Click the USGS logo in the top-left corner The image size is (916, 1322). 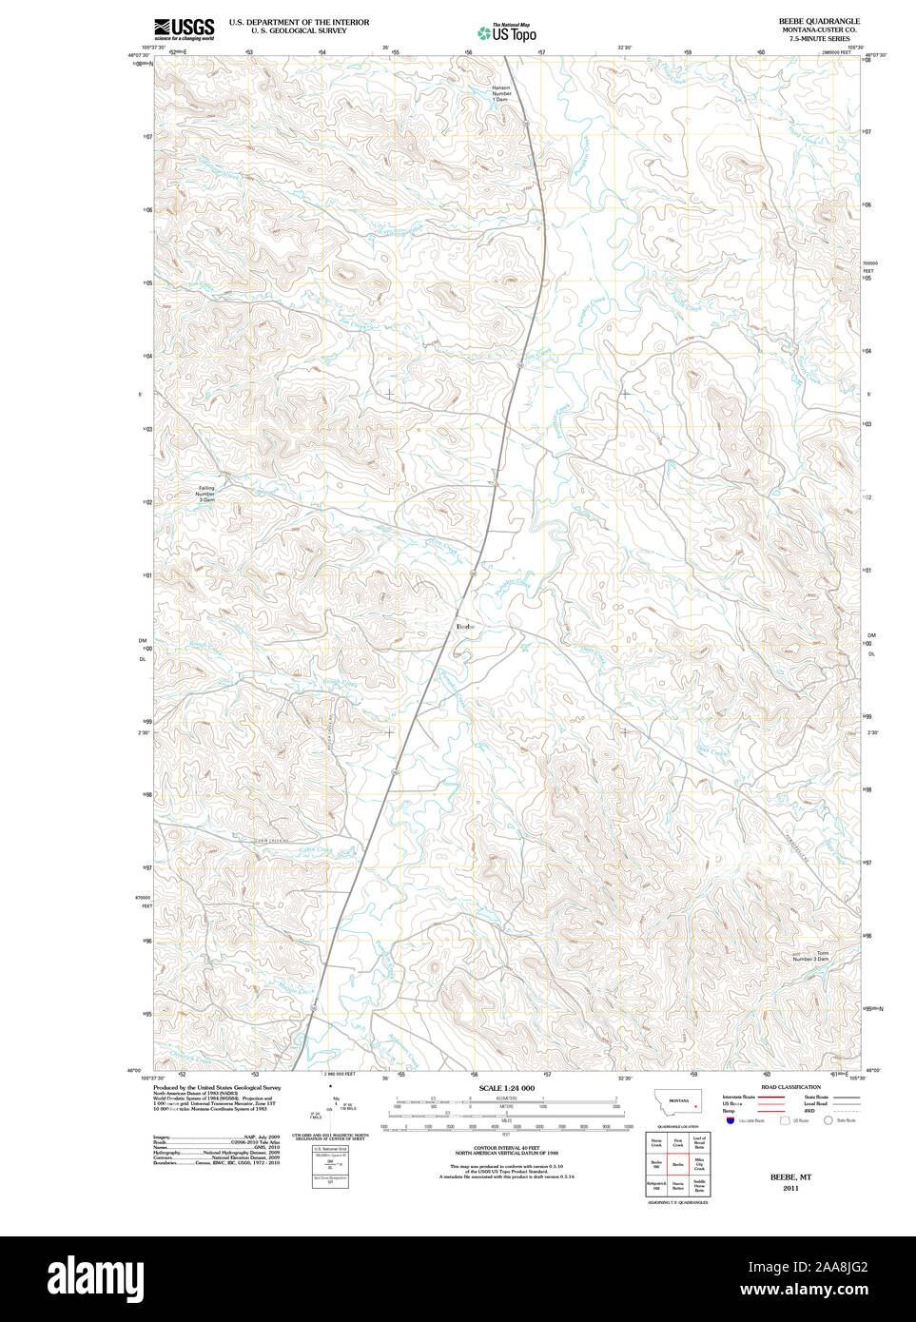tap(184, 29)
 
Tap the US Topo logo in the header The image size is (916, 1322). tap(506, 33)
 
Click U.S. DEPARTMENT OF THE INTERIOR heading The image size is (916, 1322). tap(299, 22)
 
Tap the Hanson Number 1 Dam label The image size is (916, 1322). tap(501, 93)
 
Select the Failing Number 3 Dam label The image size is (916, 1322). tap(205, 494)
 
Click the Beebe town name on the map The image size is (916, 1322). tap(465, 626)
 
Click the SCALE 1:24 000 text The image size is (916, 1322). tap(506, 1088)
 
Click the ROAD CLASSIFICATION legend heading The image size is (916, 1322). tap(790, 1087)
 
